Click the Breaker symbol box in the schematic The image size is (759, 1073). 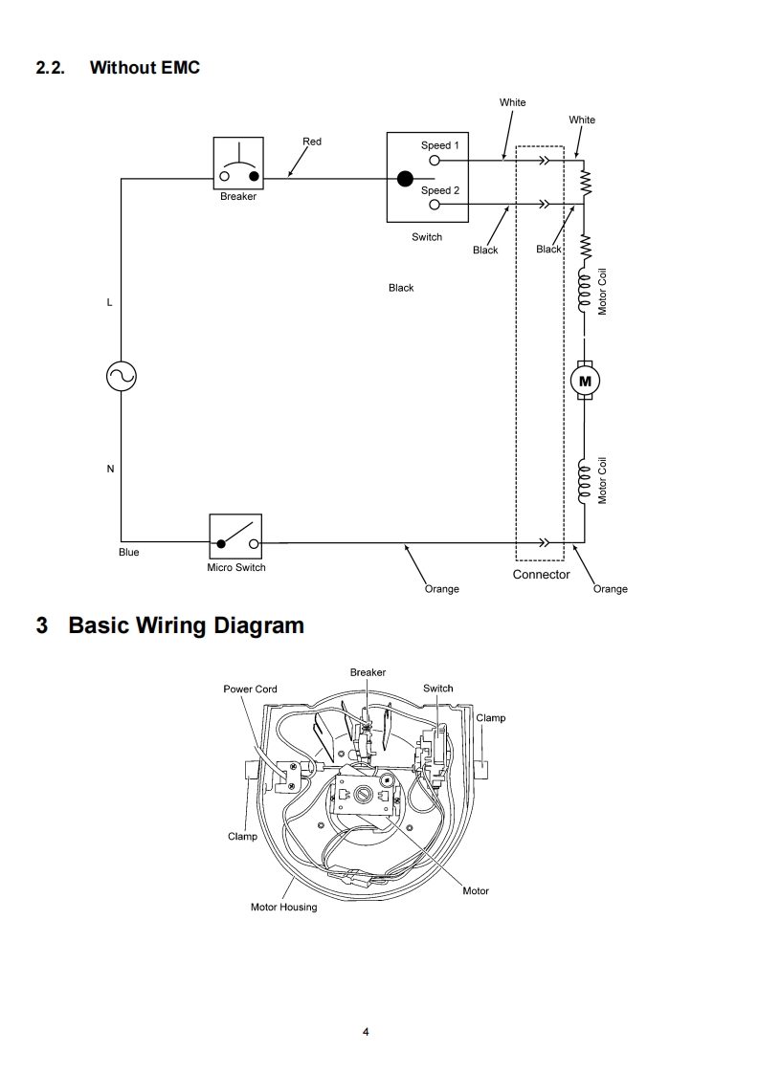click(x=238, y=163)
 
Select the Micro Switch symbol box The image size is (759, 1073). click(x=235, y=536)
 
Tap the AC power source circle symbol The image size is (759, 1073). click(x=122, y=376)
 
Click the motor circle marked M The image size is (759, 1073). click(x=585, y=382)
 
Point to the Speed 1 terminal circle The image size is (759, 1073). click(x=435, y=161)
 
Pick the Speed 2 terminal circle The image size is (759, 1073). click(x=435, y=204)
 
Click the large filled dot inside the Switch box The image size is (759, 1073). click(x=406, y=179)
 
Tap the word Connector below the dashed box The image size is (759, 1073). click(x=541, y=574)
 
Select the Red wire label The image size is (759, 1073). click(x=312, y=142)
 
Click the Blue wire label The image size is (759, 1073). click(x=129, y=552)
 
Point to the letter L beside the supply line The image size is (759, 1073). click(x=110, y=302)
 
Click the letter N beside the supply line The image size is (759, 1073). click(x=110, y=469)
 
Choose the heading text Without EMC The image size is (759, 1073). click(x=145, y=67)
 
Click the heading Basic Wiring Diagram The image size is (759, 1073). click(x=186, y=625)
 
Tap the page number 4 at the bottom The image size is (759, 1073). click(x=366, y=1032)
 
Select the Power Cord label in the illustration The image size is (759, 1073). click(x=250, y=690)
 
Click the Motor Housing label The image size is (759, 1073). click(x=283, y=908)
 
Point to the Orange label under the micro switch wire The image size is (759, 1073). click(x=442, y=588)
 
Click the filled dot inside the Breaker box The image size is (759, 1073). click(x=255, y=177)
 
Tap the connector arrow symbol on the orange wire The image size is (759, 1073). click(x=544, y=542)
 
